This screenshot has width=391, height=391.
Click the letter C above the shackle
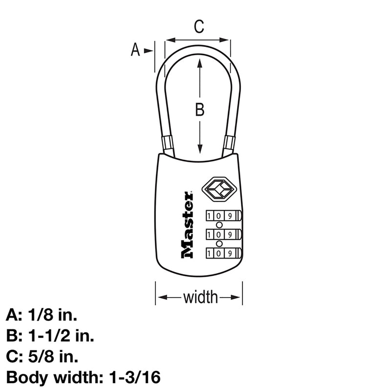pyautogui.click(x=198, y=27)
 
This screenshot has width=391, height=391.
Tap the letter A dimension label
pyautogui.click(x=136, y=49)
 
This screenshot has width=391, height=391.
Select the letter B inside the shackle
pyautogui.click(x=199, y=110)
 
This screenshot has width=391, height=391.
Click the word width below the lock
pyautogui.click(x=200, y=296)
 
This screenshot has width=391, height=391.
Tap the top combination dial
pyautogui.click(x=223, y=216)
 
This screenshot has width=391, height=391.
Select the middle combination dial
pyautogui.click(x=223, y=234)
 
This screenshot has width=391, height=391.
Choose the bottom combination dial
pyautogui.click(x=223, y=253)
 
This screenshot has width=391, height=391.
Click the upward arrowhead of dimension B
pyautogui.click(x=199, y=63)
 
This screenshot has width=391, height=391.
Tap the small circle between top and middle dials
pyautogui.click(x=218, y=225)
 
